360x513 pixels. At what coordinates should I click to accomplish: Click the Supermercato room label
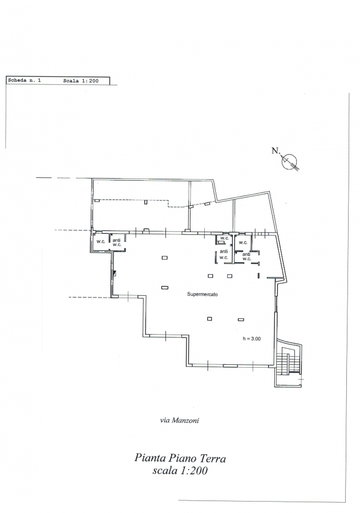pyautogui.click(x=202, y=294)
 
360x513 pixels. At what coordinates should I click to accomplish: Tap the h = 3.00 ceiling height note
pyautogui.click(x=252, y=339)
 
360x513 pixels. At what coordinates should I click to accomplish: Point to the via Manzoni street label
pyautogui.click(x=180, y=421)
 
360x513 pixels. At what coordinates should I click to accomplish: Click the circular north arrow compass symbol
pyautogui.click(x=290, y=161)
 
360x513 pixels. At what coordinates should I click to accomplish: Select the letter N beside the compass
pyautogui.click(x=276, y=150)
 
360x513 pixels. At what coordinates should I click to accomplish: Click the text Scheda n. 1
pyautogui.click(x=24, y=80)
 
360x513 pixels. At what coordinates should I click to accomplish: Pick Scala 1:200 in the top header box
pyautogui.click(x=80, y=80)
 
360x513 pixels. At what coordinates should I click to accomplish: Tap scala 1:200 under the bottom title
pyautogui.click(x=180, y=470)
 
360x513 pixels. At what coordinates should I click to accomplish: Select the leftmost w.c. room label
pyautogui.click(x=100, y=242)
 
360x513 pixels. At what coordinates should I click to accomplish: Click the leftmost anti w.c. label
pyautogui.click(x=117, y=242)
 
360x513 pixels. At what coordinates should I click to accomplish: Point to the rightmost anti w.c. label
pyautogui.click(x=246, y=256)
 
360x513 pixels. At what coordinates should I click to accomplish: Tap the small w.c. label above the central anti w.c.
pyautogui.click(x=224, y=238)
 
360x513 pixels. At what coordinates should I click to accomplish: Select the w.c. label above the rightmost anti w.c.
pyautogui.click(x=243, y=242)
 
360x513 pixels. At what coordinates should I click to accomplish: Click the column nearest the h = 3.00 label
pyautogui.click(x=241, y=319)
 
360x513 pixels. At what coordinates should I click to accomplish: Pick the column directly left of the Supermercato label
pyautogui.click(x=165, y=288)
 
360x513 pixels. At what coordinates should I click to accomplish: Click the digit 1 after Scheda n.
pyautogui.click(x=39, y=80)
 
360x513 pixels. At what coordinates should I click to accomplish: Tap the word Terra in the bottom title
pyautogui.click(x=214, y=458)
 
